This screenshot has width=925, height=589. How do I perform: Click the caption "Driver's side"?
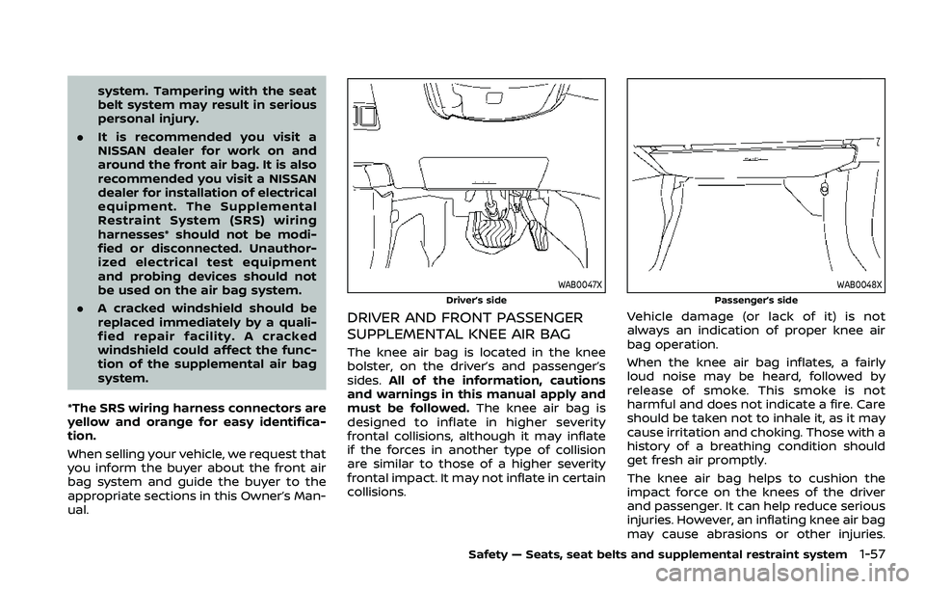(478, 300)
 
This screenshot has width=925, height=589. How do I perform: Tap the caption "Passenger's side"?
(760, 300)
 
